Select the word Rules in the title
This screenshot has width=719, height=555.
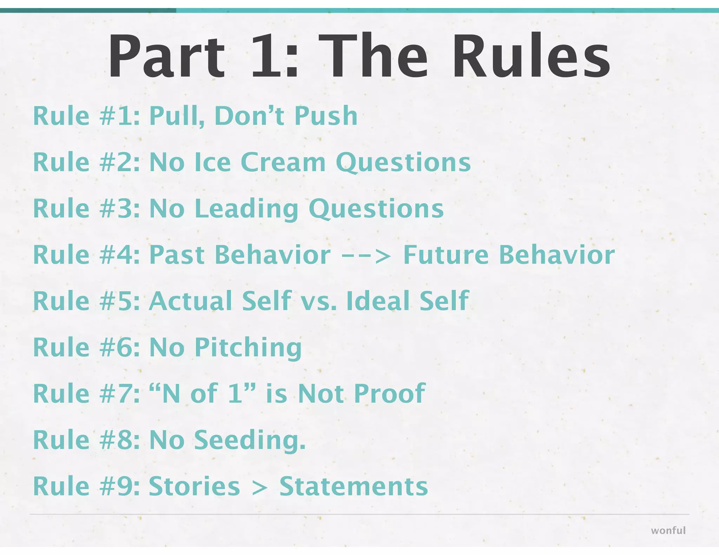(531, 56)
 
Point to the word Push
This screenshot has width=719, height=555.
(326, 116)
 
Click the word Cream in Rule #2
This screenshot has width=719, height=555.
(283, 162)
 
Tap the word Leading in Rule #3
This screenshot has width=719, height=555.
(246, 209)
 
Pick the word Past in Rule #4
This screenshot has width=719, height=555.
(177, 255)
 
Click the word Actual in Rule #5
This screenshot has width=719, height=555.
(191, 301)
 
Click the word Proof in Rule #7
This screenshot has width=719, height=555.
(390, 394)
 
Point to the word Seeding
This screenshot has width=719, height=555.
(249, 440)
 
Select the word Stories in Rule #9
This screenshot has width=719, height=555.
(194, 486)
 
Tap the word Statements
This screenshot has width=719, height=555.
(354, 486)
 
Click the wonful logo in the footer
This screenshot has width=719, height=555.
(668, 530)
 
